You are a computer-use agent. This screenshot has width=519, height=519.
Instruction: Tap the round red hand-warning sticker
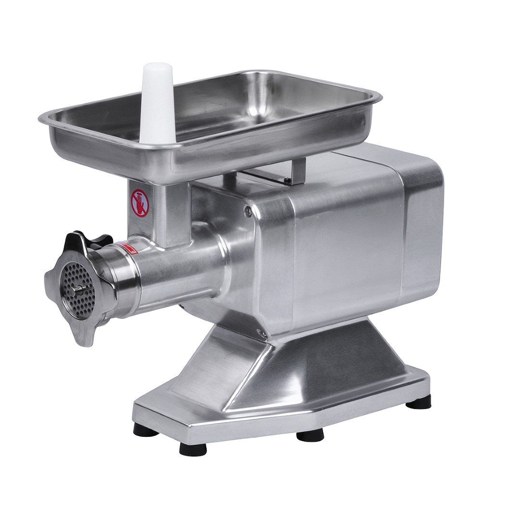coord(140,203)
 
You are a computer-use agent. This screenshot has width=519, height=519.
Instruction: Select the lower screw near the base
coord(264,333)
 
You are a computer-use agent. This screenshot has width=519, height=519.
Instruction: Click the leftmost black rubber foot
coord(146,429)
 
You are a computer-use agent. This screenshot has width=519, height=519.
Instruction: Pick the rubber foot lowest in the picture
coord(193,449)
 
